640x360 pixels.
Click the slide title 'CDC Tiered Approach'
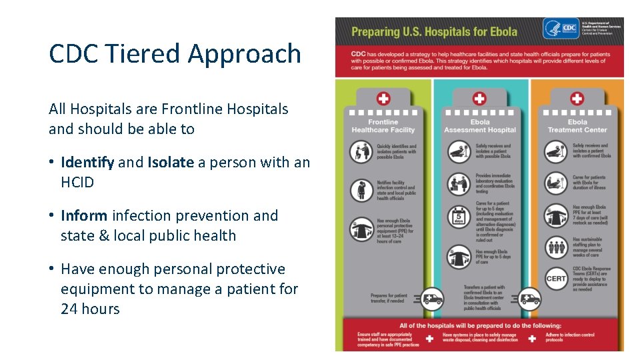[175, 54]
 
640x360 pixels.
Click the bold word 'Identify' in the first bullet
[87, 162]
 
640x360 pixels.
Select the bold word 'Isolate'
[171, 162]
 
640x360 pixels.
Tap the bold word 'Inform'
[84, 215]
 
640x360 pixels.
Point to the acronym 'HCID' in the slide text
[77, 182]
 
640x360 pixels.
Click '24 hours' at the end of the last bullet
[90, 309]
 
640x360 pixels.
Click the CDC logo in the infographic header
[561, 29]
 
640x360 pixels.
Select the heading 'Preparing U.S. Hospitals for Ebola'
[434, 31]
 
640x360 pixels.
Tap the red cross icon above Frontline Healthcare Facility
[383, 99]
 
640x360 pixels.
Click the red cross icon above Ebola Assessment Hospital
[479, 99]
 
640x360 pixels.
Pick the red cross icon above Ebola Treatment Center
[577, 99]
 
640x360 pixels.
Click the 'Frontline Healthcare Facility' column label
[383, 126]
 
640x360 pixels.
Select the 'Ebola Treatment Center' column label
[577, 126]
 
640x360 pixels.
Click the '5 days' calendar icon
[459, 217]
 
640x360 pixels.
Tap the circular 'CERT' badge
[556, 279]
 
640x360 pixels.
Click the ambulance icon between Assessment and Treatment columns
[530, 297]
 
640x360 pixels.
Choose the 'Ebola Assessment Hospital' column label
[480, 126]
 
